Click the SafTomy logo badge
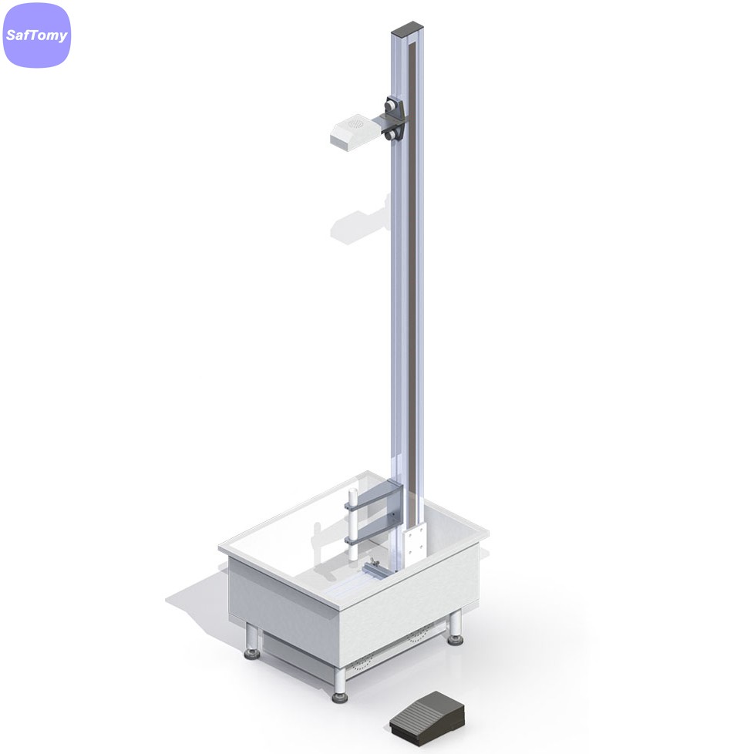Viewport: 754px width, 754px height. (37, 35)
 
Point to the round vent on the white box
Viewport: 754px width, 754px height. (356, 124)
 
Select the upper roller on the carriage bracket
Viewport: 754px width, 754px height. (390, 104)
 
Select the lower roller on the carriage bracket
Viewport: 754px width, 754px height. (390, 135)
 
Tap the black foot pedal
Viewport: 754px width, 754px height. (427, 718)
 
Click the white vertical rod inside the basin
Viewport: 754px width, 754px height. (353, 524)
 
